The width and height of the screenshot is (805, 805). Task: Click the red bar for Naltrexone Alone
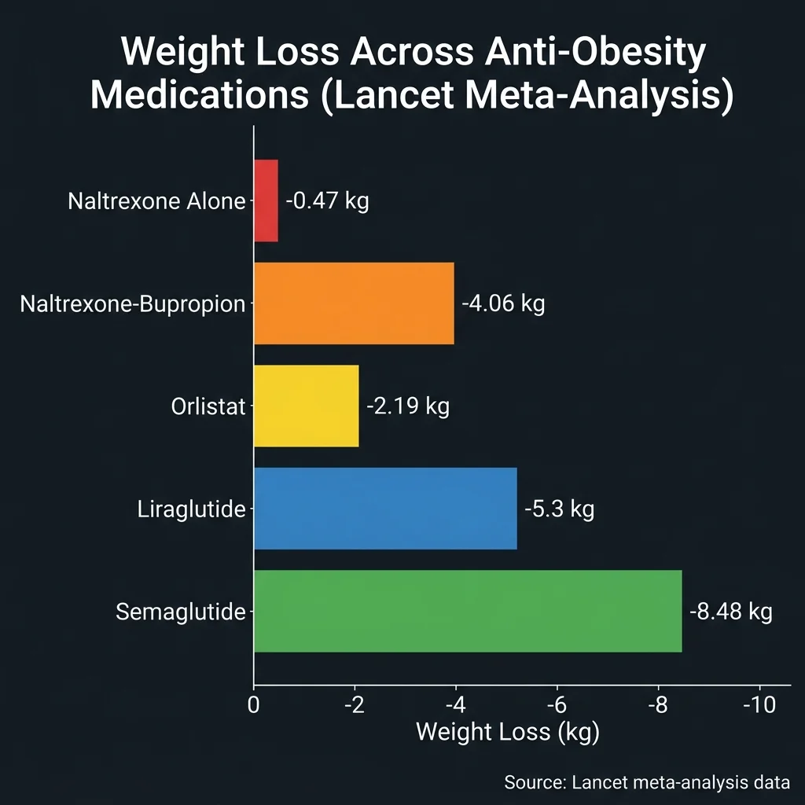[266, 200]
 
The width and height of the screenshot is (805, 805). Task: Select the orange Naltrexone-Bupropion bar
[354, 303]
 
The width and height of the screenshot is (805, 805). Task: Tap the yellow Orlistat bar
[306, 406]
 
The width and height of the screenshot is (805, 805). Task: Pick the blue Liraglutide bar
[385, 509]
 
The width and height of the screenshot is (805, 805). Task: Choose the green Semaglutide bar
[468, 611]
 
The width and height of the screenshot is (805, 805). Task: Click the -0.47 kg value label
[327, 200]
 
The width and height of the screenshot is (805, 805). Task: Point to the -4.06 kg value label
[503, 303]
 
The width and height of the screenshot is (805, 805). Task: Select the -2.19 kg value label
[408, 406]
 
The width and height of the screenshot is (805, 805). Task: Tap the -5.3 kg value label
[560, 509]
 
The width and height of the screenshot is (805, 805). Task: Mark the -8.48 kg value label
[731, 612]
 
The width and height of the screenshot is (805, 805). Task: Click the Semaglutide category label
[180, 612]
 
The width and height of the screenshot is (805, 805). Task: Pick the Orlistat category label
[208, 406]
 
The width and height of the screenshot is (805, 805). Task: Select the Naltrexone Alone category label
[156, 201]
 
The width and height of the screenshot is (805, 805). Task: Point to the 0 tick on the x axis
[254, 704]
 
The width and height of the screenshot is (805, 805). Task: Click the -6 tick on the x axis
[557, 704]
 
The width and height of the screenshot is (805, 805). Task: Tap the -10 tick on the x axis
[759, 704]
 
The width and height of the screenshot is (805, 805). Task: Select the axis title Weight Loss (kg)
[507, 732]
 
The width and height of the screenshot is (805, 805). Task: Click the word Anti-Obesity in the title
[579, 53]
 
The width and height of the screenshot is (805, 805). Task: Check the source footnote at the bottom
[646, 782]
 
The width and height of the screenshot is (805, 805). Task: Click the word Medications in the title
[198, 96]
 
